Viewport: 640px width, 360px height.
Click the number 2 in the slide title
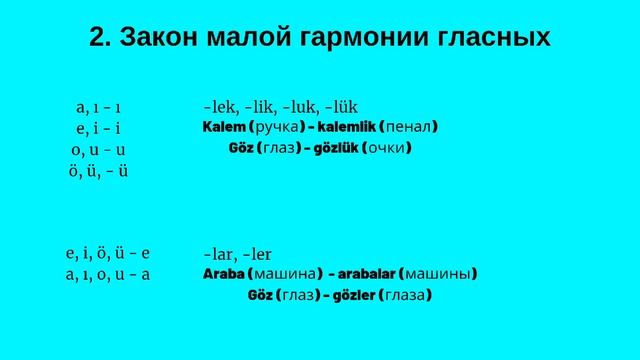tap(98, 38)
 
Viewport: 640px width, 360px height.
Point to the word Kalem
tap(224, 128)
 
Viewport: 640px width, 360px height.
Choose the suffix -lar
tap(218, 254)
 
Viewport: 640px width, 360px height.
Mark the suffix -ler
tap(256, 254)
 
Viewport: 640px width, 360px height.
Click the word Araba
tap(224, 274)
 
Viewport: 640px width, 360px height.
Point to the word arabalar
tap(365, 274)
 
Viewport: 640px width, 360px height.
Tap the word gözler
tap(344, 296)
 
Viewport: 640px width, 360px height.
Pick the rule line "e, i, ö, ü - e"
tap(106, 252)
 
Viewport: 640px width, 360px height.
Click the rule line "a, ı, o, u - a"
tap(106, 272)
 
